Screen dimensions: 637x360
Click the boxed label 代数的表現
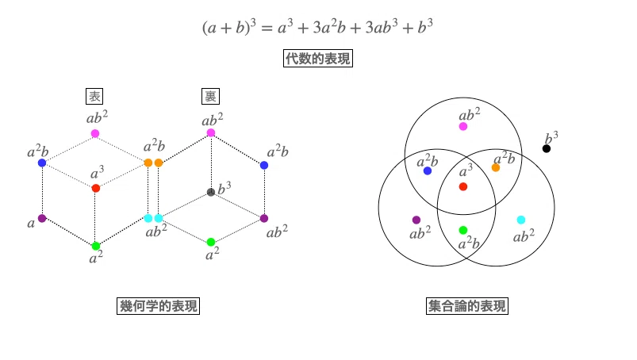pyautogui.click(x=317, y=59)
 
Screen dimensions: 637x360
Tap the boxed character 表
pyautogui.click(x=94, y=96)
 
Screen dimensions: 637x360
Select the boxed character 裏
pyautogui.click(x=210, y=96)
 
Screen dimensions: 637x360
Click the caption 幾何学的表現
pyautogui.click(x=158, y=305)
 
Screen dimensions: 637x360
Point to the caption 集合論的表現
pyautogui.click(x=467, y=305)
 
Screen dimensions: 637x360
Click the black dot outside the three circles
pyautogui.click(x=547, y=148)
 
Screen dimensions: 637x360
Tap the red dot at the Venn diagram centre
pyautogui.click(x=463, y=186)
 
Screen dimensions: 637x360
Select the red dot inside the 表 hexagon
pyautogui.click(x=96, y=188)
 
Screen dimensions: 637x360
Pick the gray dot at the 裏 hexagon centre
pyautogui.click(x=211, y=192)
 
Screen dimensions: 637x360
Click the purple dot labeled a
pyautogui.click(x=42, y=218)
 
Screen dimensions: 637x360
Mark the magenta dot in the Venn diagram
pyautogui.click(x=463, y=127)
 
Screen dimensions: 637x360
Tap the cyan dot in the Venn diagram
pyautogui.click(x=521, y=220)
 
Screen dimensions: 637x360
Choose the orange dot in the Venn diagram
pyautogui.click(x=496, y=167)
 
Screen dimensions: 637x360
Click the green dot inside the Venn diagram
pyautogui.click(x=463, y=231)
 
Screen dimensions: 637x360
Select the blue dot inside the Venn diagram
pyautogui.click(x=428, y=170)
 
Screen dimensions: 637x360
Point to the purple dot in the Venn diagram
pyautogui.click(x=416, y=220)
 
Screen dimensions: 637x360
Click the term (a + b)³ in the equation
pyautogui.click(x=229, y=27)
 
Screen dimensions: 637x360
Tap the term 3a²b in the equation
pyautogui.click(x=329, y=27)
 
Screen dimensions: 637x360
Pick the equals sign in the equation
pyautogui.click(x=267, y=29)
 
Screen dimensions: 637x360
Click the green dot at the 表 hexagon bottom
pyautogui.click(x=96, y=246)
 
